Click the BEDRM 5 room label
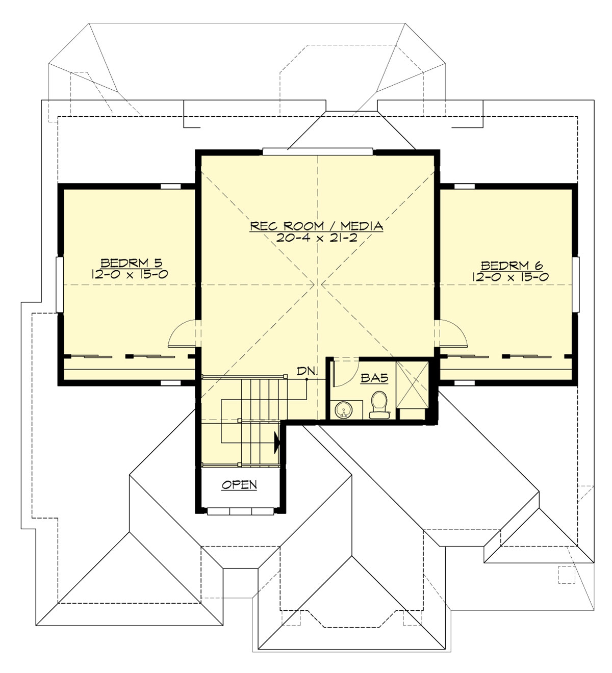click(131, 263)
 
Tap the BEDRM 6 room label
click(512, 266)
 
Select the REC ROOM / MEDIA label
click(316, 226)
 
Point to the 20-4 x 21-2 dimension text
click(316, 238)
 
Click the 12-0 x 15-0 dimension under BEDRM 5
click(131, 274)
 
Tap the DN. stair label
click(308, 371)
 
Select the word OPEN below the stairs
click(239, 484)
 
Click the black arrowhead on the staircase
click(277, 443)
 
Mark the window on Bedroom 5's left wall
click(59, 284)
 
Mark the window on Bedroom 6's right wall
click(576, 284)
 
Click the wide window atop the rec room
click(318, 151)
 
